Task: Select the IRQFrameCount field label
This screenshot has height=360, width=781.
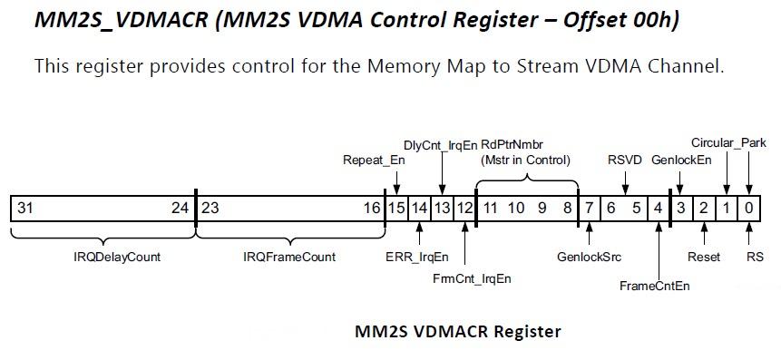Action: click(288, 257)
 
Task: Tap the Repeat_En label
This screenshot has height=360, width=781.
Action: click(374, 161)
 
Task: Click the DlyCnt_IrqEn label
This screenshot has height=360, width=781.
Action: click(440, 144)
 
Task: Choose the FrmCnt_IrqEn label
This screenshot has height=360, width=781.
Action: click(472, 278)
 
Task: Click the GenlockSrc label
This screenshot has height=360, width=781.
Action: click(589, 257)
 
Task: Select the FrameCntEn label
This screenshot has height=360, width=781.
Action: click(654, 286)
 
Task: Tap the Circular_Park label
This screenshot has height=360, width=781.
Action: click(728, 143)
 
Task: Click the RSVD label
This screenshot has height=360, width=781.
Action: click(624, 161)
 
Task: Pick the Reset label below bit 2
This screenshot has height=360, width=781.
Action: click(704, 257)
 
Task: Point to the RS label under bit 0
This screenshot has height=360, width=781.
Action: click(749, 257)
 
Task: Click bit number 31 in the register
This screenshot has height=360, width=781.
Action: click(24, 209)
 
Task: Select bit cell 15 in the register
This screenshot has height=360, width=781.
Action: click(396, 209)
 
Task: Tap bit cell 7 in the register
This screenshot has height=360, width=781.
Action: click(589, 209)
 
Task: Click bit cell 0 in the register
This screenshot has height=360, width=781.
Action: click(749, 209)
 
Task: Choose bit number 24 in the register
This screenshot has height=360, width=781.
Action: click(181, 209)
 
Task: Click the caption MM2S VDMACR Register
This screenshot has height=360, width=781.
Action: click(457, 331)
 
